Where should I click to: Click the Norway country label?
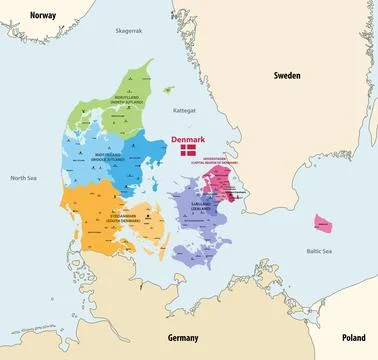(43, 15)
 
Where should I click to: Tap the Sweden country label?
(289, 75)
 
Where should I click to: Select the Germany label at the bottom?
(184, 338)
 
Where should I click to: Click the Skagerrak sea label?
(130, 32)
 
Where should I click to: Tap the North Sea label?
(23, 178)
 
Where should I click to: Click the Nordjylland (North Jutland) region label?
(129, 100)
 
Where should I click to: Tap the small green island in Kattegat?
(168, 89)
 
